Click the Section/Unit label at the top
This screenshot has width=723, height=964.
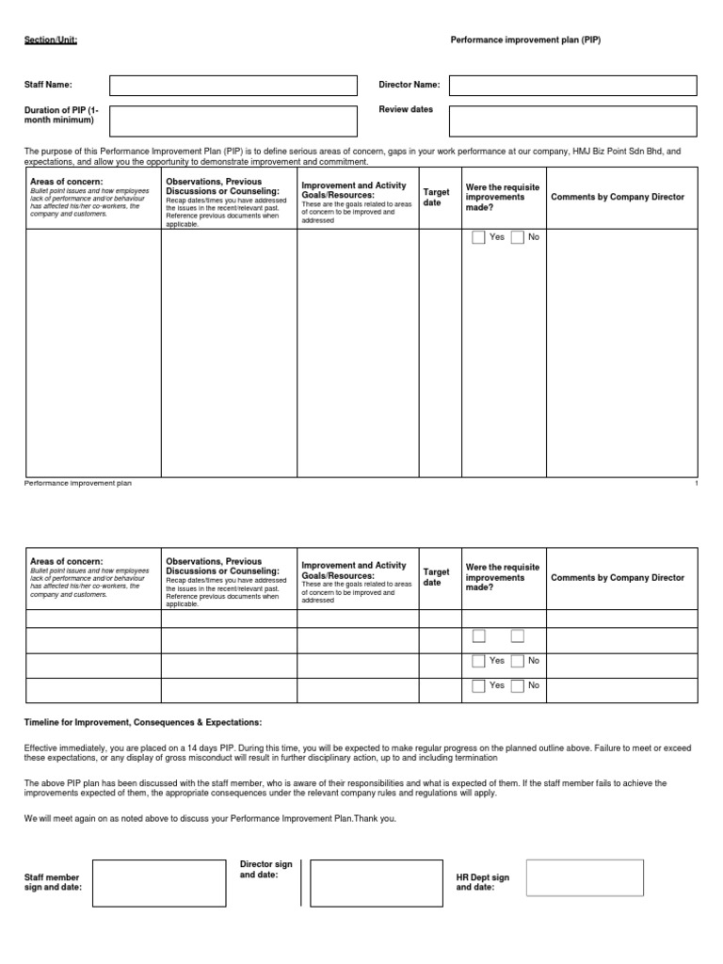(x=51, y=42)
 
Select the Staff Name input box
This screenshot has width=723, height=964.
(x=233, y=86)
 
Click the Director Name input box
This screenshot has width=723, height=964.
(x=572, y=86)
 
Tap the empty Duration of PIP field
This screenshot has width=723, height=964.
(x=233, y=120)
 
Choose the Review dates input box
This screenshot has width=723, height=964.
(x=572, y=120)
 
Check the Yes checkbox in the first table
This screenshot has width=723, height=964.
(x=479, y=237)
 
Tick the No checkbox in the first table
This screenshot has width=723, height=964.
(x=517, y=237)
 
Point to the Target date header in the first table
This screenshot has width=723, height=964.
(x=436, y=197)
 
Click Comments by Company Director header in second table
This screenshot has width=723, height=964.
(x=618, y=578)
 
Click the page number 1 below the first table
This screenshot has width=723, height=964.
(x=695, y=483)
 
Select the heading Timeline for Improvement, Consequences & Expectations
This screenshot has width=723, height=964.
(x=143, y=722)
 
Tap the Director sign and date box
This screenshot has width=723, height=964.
(x=376, y=882)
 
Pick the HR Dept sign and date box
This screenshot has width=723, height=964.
(x=585, y=877)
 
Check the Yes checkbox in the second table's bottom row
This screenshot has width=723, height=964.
(x=479, y=686)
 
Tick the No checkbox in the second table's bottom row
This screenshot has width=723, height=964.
(x=517, y=686)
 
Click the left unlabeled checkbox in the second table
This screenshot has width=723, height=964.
(x=479, y=636)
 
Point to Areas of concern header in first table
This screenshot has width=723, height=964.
(x=66, y=181)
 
